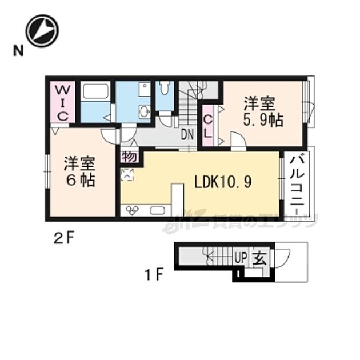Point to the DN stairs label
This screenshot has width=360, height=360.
point(187,135)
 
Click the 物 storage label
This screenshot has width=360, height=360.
point(129,156)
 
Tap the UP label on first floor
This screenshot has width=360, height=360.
point(241,258)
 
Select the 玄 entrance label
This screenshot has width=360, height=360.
point(259,258)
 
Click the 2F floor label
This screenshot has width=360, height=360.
point(65,235)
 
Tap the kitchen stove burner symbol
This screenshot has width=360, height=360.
point(133,211)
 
